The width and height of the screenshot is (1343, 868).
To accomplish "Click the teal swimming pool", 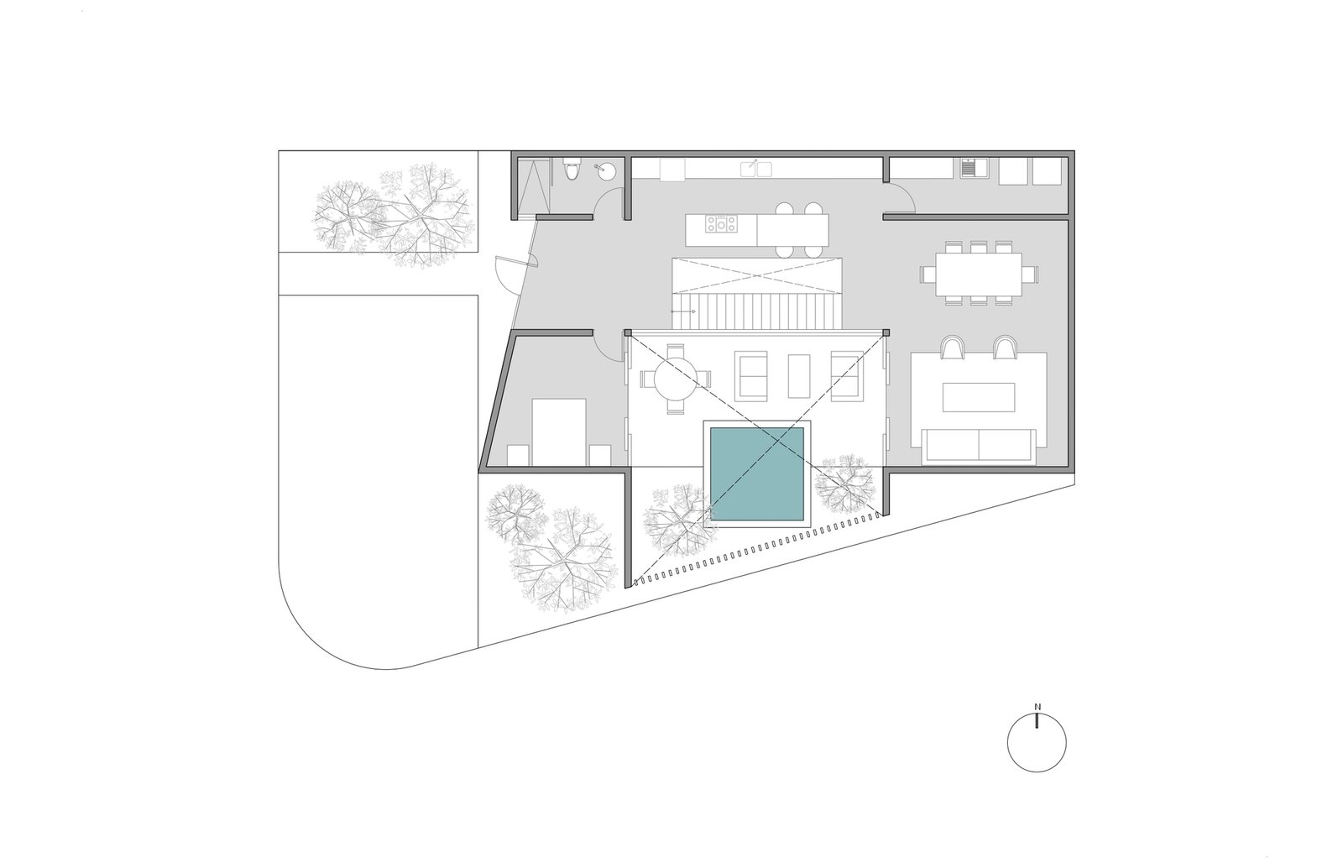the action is [x=756, y=473].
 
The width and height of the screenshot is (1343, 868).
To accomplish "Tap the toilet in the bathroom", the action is [x=572, y=169].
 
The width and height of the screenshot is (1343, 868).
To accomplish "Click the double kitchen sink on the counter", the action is [x=755, y=169].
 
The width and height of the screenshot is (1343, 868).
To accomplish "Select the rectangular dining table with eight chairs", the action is [x=979, y=274].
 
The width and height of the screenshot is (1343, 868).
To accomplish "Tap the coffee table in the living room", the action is [x=979, y=397].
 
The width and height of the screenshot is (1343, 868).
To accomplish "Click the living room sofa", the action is [x=979, y=446].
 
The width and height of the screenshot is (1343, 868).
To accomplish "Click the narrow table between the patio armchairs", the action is [x=798, y=376].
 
